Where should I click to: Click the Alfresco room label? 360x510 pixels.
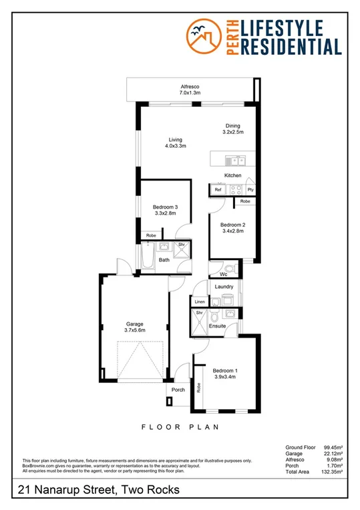[190, 90]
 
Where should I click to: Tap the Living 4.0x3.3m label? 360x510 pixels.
[176, 142]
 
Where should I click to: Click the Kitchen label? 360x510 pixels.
[232, 175]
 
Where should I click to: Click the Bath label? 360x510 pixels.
[164, 260]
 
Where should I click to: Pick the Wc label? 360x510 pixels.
[223, 274]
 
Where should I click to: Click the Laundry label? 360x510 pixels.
[224, 287]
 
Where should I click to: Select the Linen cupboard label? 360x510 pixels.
[199, 302]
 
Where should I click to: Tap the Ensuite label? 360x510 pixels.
[218, 326]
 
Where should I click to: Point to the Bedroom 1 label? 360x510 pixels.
[224, 374]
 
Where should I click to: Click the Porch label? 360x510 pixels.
[178, 390]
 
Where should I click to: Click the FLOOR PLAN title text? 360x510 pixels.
[180, 426]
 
